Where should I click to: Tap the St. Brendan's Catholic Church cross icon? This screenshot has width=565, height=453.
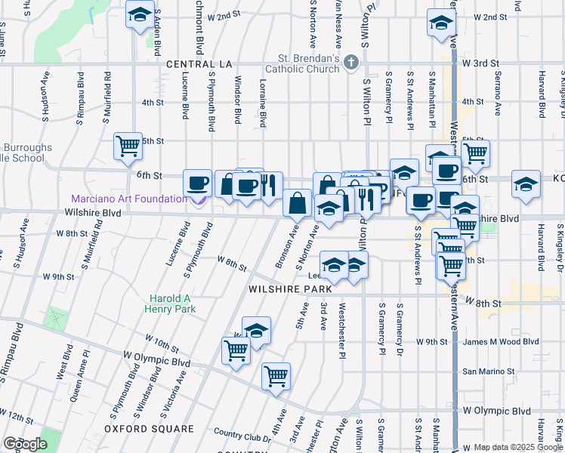coord(350,63)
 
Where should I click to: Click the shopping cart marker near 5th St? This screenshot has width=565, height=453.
coord(128,146)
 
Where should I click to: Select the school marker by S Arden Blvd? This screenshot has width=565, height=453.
coord(139,16)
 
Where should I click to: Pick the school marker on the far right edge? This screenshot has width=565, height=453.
coord(525,184)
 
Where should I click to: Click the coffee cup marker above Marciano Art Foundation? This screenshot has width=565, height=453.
coord(198,183)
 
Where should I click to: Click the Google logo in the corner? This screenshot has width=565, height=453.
coord(26,444)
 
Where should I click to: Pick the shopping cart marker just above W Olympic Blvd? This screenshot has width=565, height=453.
coord(276,375)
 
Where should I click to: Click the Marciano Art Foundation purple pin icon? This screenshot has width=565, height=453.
coord(199,200)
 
